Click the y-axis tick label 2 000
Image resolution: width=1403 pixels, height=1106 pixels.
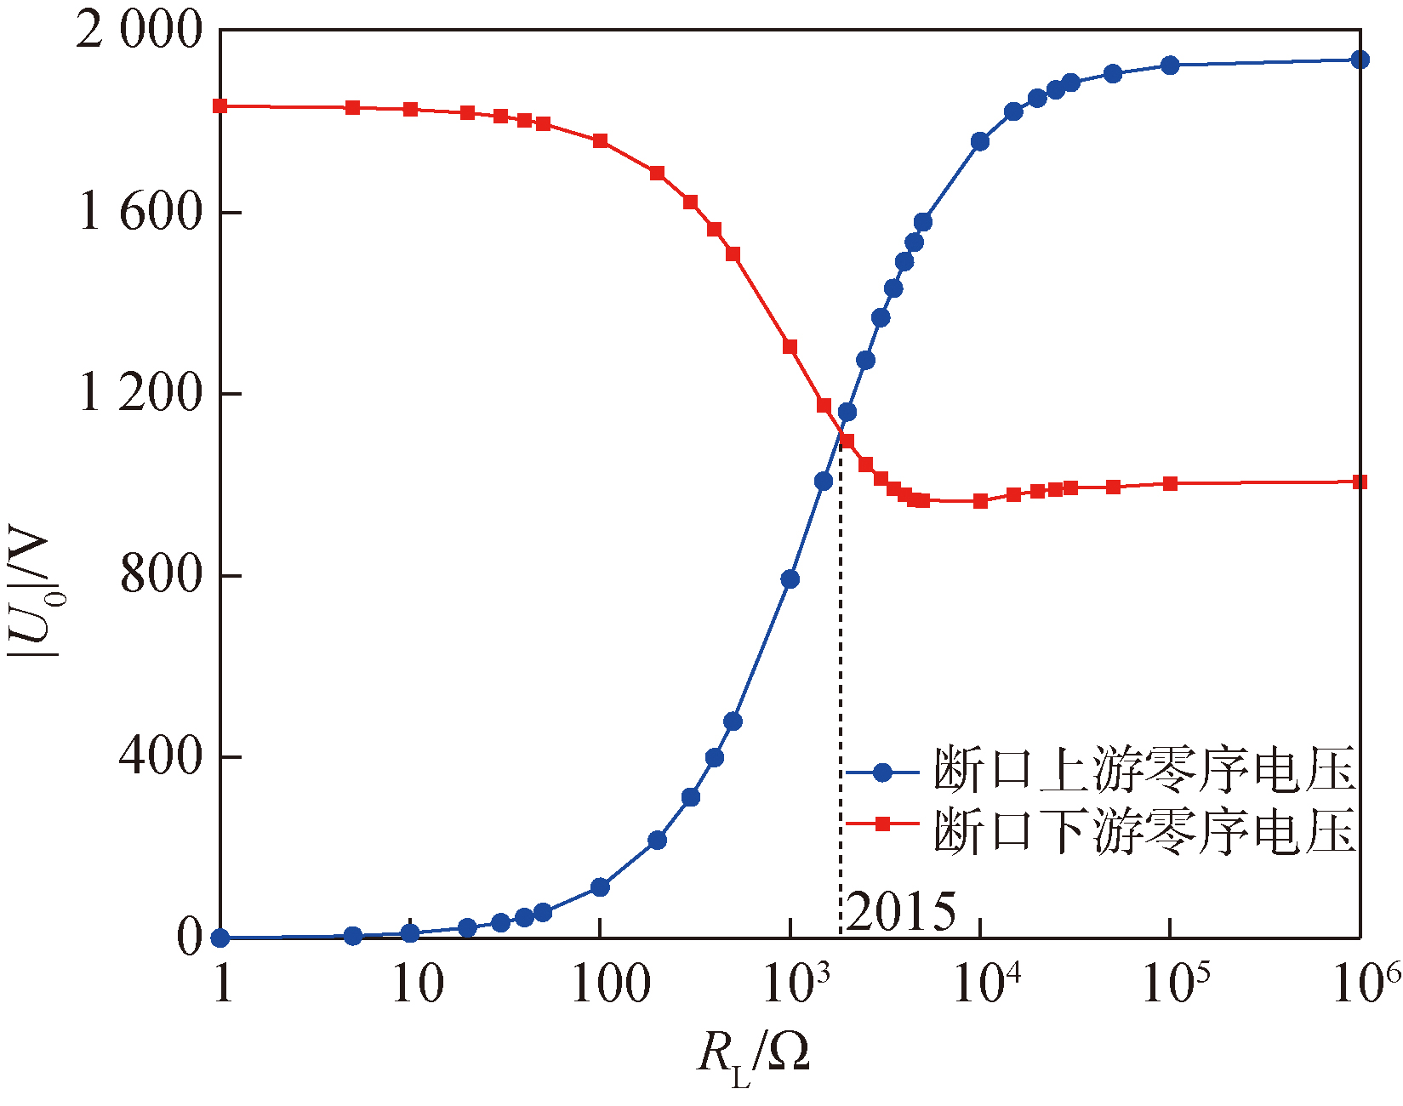(140, 31)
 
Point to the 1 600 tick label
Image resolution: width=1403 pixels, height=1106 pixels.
(141, 212)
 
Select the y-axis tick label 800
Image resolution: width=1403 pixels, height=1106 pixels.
(162, 575)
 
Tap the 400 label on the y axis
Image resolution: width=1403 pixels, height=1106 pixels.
(162, 756)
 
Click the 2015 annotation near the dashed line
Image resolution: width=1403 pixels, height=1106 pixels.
(901, 912)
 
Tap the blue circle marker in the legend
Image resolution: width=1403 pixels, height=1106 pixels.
(882, 772)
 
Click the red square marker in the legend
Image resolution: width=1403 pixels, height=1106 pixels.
(882, 824)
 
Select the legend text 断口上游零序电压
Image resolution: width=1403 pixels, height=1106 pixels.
(1144, 771)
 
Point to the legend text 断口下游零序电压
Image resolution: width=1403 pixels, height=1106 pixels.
(1144, 830)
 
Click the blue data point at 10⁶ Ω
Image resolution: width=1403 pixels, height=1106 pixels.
(1360, 60)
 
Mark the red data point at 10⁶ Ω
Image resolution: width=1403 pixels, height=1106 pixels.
(1360, 482)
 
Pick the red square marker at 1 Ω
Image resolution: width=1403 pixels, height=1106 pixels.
(220, 106)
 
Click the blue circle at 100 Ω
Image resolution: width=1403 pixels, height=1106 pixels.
(600, 887)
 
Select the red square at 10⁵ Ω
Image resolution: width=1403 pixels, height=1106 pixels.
(1170, 483)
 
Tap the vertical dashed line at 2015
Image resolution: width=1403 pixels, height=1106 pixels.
(841, 681)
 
